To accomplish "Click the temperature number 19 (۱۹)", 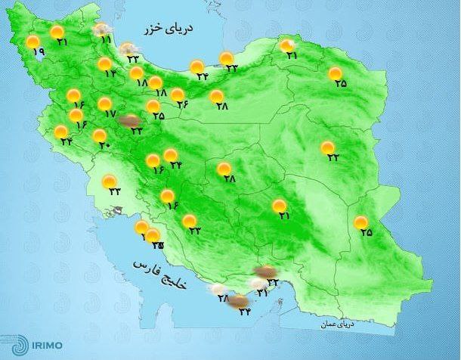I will coord(39,51).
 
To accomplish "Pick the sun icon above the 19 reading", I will coord(33,42).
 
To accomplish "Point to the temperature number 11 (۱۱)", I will coord(105,39).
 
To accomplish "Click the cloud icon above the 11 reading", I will coord(101,29).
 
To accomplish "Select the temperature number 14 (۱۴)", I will coord(111,73).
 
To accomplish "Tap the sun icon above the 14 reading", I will coord(105,64).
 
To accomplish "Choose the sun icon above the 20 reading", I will coord(99,136).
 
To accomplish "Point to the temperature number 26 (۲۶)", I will coord(183,104).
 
